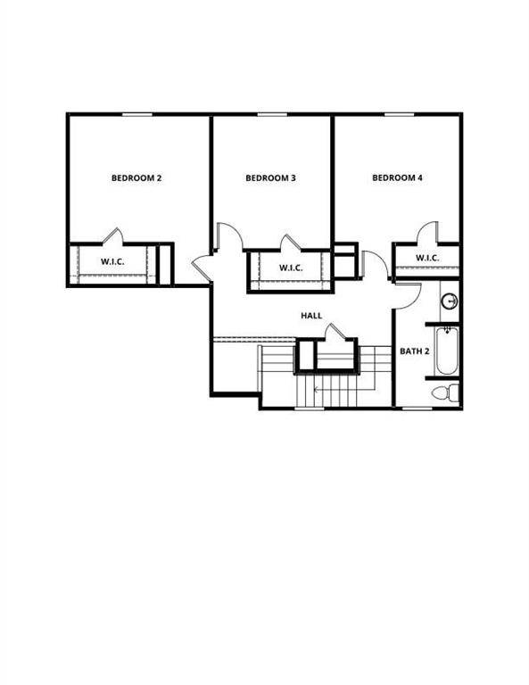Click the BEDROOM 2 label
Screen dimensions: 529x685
point(136,178)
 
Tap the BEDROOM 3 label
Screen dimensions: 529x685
point(270,178)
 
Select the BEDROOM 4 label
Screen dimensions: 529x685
point(397,177)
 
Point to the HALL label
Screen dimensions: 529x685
point(311,316)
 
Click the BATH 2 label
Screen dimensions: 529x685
point(415,351)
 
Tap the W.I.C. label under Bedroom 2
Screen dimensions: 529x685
point(112,261)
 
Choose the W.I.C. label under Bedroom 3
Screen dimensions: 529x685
point(291,268)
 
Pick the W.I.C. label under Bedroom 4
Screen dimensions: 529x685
point(427,258)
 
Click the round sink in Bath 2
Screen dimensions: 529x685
point(449,301)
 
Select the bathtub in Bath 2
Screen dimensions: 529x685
point(447,351)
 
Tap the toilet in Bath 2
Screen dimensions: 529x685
point(445,392)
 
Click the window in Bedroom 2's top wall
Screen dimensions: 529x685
point(137,114)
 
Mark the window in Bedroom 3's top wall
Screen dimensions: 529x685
point(272,114)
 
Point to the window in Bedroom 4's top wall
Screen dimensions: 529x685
point(400,114)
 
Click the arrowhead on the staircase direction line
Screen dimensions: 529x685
point(317,389)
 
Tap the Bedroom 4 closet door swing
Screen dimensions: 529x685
point(427,232)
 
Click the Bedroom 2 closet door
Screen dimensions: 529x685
point(113,235)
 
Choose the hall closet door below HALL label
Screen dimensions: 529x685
point(335,332)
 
